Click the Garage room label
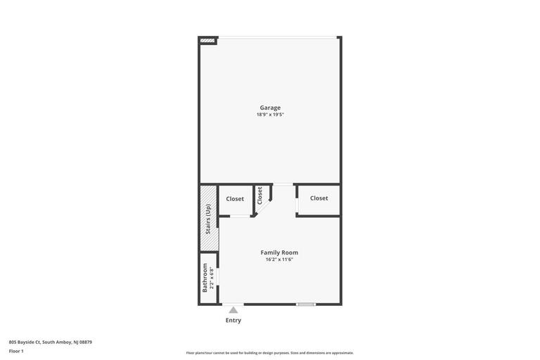[x=270, y=108]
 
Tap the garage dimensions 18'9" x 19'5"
[x=270, y=115]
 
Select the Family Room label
[x=279, y=252]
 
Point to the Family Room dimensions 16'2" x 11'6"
[x=279, y=259]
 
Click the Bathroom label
[x=205, y=278]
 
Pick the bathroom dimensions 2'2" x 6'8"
[x=212, y=278]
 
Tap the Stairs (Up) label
[x=208, y=219]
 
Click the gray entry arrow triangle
[x=233, y=310]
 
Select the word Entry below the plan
[x=233, y=321]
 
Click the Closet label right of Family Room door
[x=319, y=198]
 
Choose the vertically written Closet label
[x=259, y=195]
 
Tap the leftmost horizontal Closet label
[x=235, y=199]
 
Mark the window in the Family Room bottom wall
[x=306, y=304]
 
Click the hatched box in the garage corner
[x=207, y=41]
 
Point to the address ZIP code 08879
[x=86, y=342]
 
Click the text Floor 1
[x=16, y=351]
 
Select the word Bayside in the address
[x=26, y=342]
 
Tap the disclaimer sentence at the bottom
[x=270, y=353]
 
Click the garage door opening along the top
[x=277, y=37]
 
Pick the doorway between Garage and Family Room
[x=283, y=184]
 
